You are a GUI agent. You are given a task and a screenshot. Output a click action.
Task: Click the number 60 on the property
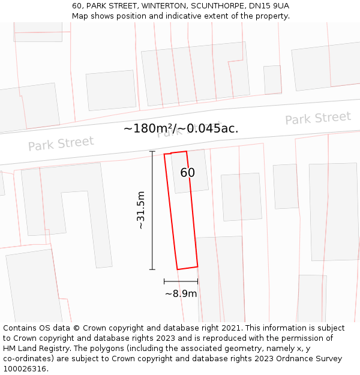point(187,173)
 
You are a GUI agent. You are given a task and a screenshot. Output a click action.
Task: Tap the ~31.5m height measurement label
point(140,211)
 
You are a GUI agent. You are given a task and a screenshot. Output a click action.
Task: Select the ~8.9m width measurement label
point(181,293)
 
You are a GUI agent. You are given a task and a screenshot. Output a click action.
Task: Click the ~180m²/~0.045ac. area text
point(181,128)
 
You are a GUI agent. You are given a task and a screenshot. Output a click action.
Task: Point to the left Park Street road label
point(61,144)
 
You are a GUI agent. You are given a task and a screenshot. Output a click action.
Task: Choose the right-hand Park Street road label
point(317,118)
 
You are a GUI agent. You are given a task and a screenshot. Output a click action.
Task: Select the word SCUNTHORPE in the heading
point(220,6)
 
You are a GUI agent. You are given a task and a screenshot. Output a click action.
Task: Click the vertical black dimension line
point(152,211)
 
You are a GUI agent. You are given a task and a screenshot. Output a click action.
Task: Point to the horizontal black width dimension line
point(181,281)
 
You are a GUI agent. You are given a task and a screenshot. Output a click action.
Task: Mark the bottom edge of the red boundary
point(187,268)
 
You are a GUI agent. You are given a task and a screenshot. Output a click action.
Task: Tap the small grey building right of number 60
point(241,197)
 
